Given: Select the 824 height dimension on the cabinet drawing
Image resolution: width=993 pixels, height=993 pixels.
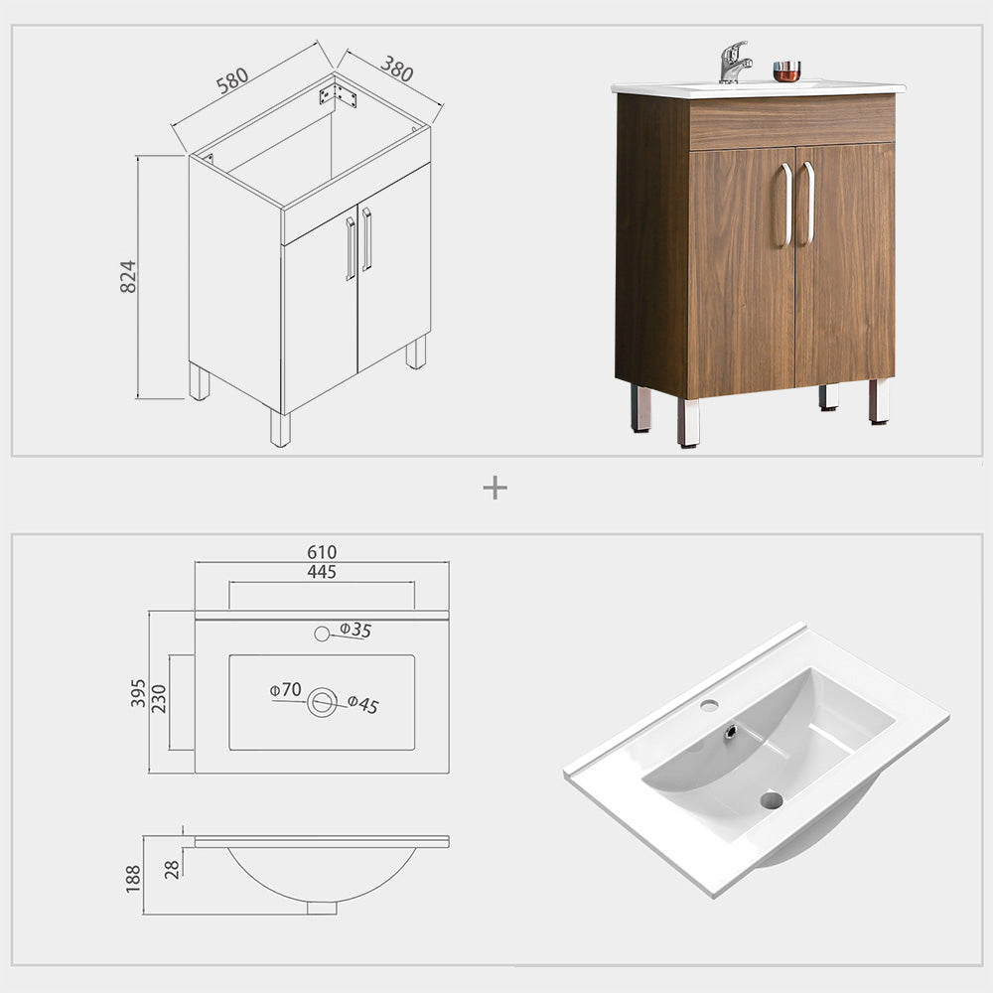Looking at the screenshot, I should pos(127,276).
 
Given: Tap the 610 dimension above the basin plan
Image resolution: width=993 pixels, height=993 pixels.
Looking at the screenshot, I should pos(322,552).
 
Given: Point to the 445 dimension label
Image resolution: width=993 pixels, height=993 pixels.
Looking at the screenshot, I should pos(322,572).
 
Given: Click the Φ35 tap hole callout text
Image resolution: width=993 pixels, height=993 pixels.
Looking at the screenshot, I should pos(355,630).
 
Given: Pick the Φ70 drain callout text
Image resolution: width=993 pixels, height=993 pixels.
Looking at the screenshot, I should pos(285,689).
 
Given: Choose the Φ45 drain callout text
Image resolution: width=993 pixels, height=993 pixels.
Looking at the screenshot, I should pos(363,705).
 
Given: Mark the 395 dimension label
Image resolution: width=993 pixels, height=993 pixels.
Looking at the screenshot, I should pos(138,693).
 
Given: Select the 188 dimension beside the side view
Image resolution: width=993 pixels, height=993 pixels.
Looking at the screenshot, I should pos(134,877).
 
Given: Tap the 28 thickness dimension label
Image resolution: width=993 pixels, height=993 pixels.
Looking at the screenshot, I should pos(172,870).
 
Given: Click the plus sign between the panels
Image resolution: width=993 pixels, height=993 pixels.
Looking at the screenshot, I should pos(495,488).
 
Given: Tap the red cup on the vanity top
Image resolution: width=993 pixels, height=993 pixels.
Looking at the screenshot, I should pos(786,71).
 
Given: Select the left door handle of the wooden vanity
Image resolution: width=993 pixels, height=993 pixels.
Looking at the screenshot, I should pos(786,204).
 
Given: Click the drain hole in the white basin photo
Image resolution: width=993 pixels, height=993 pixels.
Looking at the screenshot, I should pos(772,798).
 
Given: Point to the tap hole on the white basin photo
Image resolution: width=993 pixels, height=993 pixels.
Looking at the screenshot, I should pos(710,706).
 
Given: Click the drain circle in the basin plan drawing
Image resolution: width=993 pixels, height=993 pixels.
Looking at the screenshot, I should pos(322,702).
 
